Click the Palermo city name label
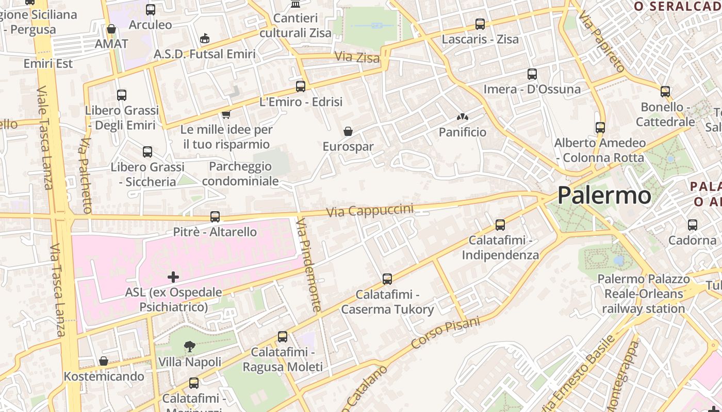(604, 196)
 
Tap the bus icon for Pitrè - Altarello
(215, 217)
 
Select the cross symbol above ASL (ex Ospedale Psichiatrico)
(173, 278)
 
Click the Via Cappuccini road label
(370, 211)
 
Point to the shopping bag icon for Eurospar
(348, 131)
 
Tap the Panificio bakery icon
(462, 117)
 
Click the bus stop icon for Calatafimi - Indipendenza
(500, 225)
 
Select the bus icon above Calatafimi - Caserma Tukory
(387, 279)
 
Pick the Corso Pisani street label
(446, 333)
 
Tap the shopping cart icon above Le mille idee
(226, 114)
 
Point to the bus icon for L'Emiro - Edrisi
(301, 87)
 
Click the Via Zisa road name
(357, 57)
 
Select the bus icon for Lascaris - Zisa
(480, 24)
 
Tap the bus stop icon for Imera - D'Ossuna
(532, 74)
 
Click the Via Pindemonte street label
(309, 265)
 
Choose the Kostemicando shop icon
(104, 361)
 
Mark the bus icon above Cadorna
(692, 225)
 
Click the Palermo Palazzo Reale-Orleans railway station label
(643, 294)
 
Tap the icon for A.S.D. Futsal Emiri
(205, 39)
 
